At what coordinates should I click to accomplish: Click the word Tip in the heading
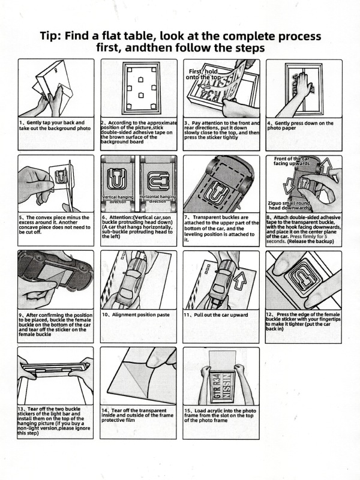(50, 36)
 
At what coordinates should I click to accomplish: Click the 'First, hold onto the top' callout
(204, 74)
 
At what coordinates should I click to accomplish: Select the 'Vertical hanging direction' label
(118, 199)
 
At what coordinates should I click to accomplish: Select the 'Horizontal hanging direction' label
(157, 199)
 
